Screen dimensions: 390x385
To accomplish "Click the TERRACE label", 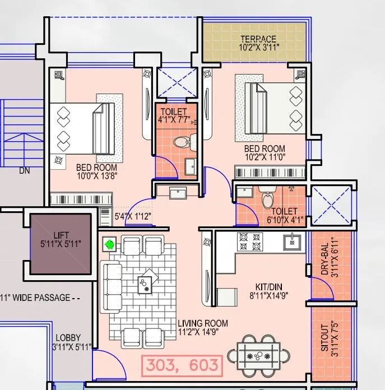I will pos(258,39).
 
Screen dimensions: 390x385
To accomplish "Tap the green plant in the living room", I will pos(110,245).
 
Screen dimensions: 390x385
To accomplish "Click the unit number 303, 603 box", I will pos(182,365).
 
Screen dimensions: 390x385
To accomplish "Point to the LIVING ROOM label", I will pos(203,323).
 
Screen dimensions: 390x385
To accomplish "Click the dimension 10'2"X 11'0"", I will pos(265,157).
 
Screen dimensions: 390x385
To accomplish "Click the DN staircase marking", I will pos(24,170).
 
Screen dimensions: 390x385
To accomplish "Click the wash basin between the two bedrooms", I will pos(178,193).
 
